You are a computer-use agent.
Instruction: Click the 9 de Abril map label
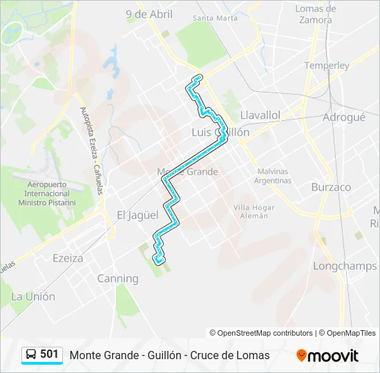[149, 14]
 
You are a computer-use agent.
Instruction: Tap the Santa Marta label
[216, 18]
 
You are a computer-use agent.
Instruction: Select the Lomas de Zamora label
[316, 15]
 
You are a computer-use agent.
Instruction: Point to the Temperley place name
[327, 66]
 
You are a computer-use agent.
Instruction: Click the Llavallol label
[260, 115]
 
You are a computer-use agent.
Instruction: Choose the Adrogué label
[343, 117]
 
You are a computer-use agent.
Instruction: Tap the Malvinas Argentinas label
[274, 176]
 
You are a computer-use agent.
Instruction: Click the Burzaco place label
[331, 187]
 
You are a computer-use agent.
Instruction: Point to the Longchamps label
[345, 266]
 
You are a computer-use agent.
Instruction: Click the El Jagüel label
[137, 215]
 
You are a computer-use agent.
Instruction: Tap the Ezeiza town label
[68, 258]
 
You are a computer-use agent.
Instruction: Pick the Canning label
[117, 278]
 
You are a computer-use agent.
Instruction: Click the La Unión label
[33, 296]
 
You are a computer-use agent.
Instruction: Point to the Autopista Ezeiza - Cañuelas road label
[94, 151]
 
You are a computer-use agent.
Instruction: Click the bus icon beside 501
[32, 354]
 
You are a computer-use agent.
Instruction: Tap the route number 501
[50, 354]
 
